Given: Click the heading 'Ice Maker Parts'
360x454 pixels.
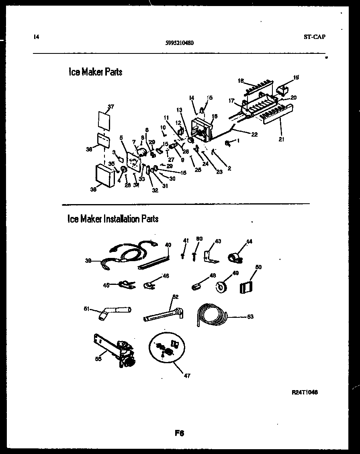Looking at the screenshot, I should coord(96,72).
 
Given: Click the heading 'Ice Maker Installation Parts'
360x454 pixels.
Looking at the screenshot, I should coord(113,219).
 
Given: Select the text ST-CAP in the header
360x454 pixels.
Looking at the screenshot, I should coord(315,37).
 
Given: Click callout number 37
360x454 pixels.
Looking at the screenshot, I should coord(111,106).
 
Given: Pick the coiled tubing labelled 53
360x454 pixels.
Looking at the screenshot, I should coord(212,314).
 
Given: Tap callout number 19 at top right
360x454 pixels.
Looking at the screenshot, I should coord(296,77).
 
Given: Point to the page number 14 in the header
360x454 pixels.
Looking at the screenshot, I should coord(37,37).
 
